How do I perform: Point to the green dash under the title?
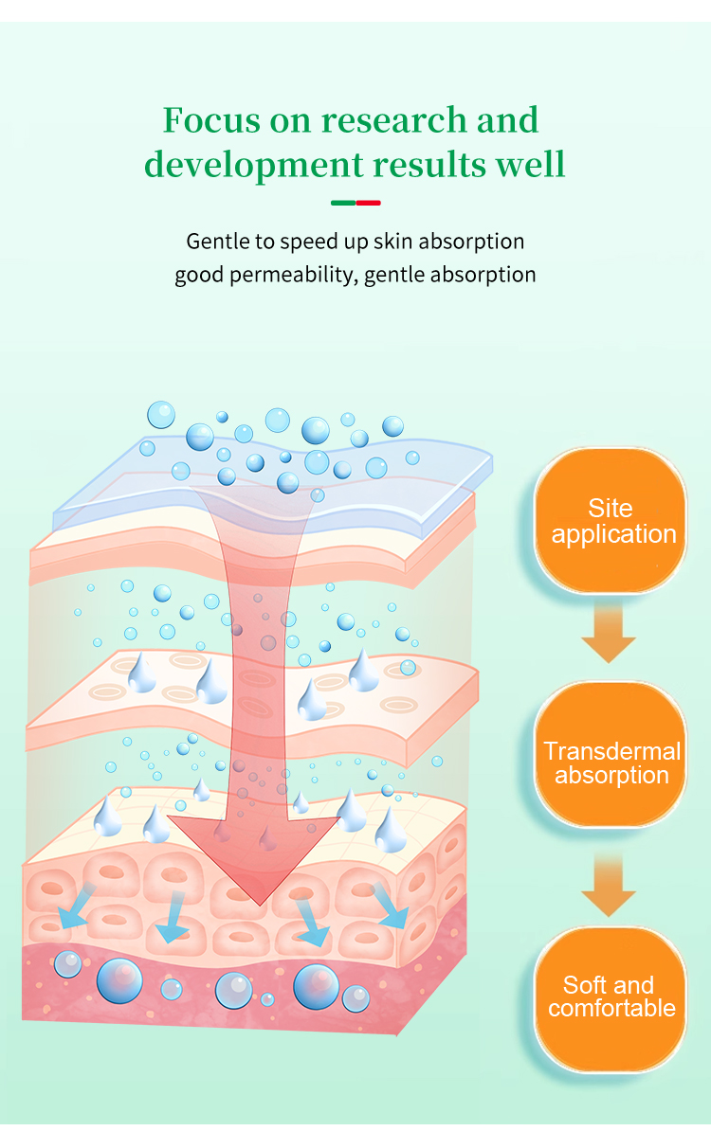[343, 203]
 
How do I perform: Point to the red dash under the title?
[368, 203]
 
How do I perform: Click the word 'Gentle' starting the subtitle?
[217, 242]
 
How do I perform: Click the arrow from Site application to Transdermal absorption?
[609, 635]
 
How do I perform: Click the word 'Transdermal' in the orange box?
[612, 752]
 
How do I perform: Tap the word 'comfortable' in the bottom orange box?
[611, 1008]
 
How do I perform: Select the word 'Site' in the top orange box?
[610, 508]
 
